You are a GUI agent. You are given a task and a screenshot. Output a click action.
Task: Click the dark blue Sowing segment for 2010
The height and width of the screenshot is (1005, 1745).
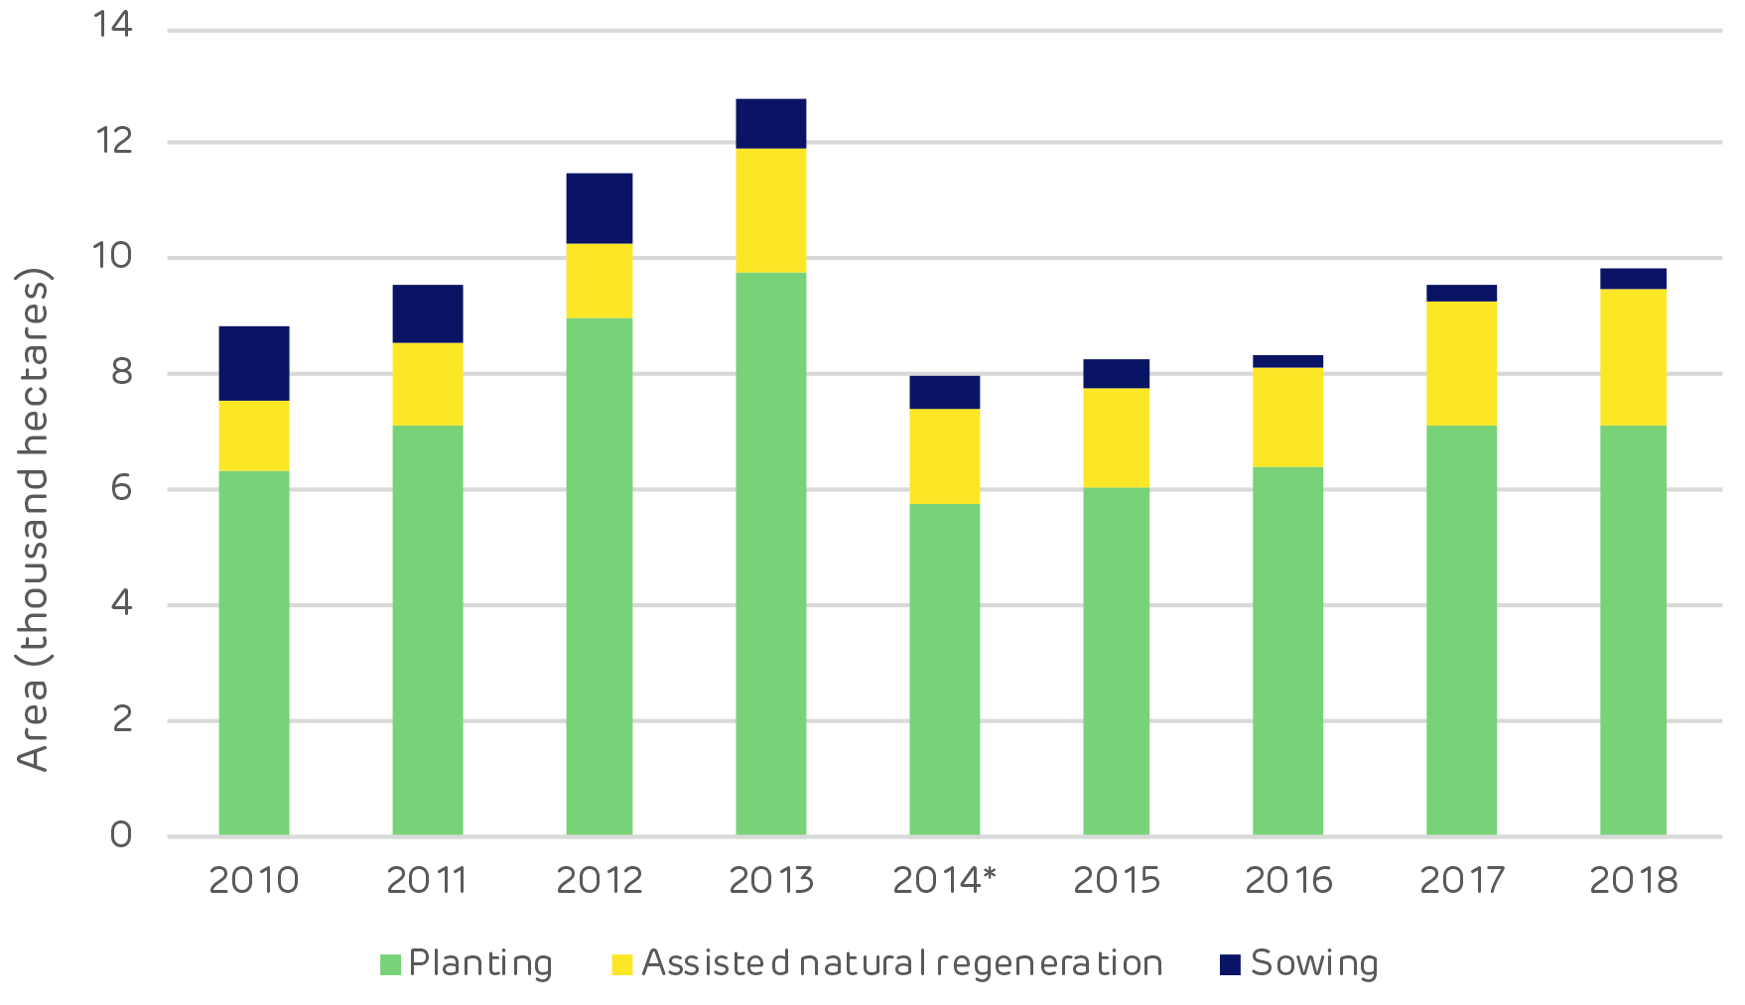pos(254,363)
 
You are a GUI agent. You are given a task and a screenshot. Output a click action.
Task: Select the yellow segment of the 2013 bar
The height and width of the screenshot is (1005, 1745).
pos(770,210)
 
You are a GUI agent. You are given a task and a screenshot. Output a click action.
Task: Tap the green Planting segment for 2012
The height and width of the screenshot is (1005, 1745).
pos(599,575)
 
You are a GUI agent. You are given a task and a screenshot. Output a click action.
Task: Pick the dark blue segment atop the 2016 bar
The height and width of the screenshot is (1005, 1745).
pos(1287,361)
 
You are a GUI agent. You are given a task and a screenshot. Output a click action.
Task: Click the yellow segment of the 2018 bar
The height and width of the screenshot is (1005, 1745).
pos(1633,357)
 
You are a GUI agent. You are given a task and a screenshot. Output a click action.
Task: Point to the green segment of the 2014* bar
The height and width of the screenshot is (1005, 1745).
pos(944,670)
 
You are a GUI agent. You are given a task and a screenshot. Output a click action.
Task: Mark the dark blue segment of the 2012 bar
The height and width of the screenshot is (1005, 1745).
pos(599,208)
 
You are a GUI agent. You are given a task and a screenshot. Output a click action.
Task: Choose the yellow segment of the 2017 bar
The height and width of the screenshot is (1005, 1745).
pos(1461,363)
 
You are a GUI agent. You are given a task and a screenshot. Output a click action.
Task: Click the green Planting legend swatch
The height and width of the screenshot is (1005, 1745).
pos(390,964)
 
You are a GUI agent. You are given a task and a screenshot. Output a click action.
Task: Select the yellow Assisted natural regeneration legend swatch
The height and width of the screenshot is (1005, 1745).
pos(622,964)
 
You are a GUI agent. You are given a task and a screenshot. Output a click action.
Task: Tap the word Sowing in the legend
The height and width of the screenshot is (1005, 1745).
pos(1314,963)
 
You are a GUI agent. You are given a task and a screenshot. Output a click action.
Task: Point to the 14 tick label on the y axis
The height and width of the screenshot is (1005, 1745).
pos(112,24)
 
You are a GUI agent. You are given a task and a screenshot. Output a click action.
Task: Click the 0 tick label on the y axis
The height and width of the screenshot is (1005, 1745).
pos(121,835)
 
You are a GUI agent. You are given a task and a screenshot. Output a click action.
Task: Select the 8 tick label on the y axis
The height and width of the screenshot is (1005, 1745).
pos(121,372)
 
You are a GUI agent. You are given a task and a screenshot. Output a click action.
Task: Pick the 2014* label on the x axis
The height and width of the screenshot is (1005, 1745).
pos(944,880)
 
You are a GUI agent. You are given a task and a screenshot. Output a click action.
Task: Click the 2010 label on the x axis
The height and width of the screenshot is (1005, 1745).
pos(254,880)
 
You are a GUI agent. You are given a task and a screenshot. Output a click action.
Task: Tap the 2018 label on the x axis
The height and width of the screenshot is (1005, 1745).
pos(1633,880)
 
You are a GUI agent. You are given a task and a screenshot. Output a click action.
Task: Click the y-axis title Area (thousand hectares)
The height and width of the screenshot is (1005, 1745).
pos(33,518)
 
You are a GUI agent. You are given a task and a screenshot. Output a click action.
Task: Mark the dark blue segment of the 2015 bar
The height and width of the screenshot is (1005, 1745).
pos(1116,373)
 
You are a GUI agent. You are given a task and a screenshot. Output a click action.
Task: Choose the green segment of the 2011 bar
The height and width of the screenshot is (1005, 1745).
pos(427,630)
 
